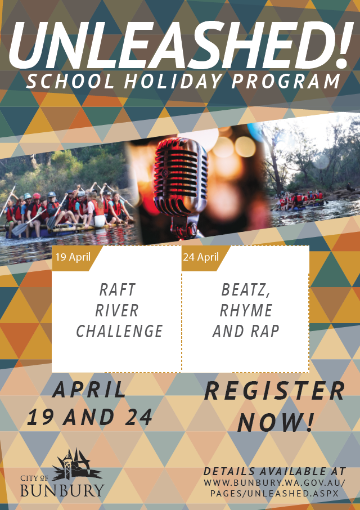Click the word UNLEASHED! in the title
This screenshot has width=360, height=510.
click(x=181, y=45)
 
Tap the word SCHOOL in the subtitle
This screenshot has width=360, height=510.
click(x=70, y=81)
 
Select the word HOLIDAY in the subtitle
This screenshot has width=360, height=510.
click(x=173, y=81)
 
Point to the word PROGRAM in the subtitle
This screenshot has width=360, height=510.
click(x=286, y=81)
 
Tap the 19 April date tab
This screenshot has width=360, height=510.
click(x=73, y=257)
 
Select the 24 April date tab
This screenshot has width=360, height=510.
click(x=201, y=257)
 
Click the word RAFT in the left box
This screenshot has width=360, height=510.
click(x=117, y=289)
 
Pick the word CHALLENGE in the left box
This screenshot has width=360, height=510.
click(x=119, y=331)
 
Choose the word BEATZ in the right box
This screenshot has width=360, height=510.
click(x=246, y=290)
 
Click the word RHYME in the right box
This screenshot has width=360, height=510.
click(x=246, y=310)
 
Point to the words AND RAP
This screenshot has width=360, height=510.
click(x=246, y=331)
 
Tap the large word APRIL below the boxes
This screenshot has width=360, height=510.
click(x=89, y=390)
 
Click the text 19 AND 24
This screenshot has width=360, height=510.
click(x=89, y=417)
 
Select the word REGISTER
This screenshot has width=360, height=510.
click(x=274, y=391)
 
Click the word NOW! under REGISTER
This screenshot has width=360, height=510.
click(x=276, y=422)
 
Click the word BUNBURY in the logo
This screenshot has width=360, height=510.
click(x=62, y=490)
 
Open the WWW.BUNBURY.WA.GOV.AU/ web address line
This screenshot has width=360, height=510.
click(x=274, y=482)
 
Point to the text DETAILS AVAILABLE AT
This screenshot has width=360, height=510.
click(x=274, y=471)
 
